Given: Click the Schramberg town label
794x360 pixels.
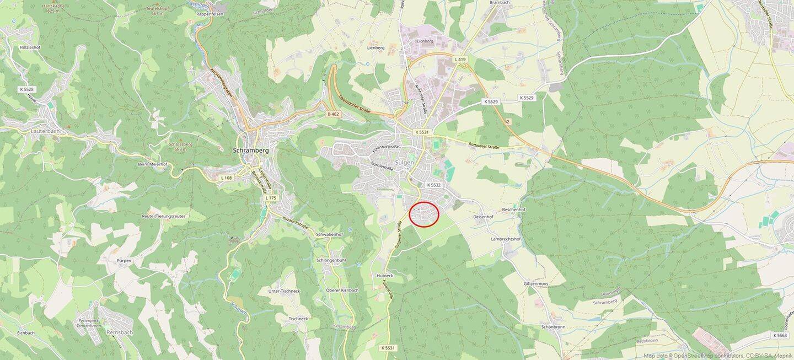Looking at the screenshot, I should click(250, 150).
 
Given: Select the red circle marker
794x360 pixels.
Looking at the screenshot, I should click(424, 214).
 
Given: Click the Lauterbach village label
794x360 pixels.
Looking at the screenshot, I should click(30, 131).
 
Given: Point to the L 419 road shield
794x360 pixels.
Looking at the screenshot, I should click(460, 59).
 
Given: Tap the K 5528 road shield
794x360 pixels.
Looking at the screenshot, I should click(26, 89).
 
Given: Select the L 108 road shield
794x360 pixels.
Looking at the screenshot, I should click(226, 178).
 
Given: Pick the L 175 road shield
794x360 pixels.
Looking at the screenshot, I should click(270, 197).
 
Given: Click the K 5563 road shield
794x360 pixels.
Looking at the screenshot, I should click(780, 335).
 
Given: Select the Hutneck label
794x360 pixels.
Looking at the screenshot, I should click(384, 275).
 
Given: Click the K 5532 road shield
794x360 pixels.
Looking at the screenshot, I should click(433, 185).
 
